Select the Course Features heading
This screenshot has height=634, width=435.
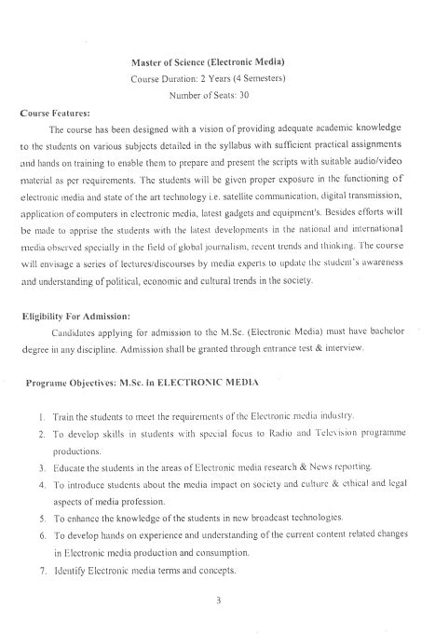tap(56, 112)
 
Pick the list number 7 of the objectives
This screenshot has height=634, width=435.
tap(43, 570)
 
